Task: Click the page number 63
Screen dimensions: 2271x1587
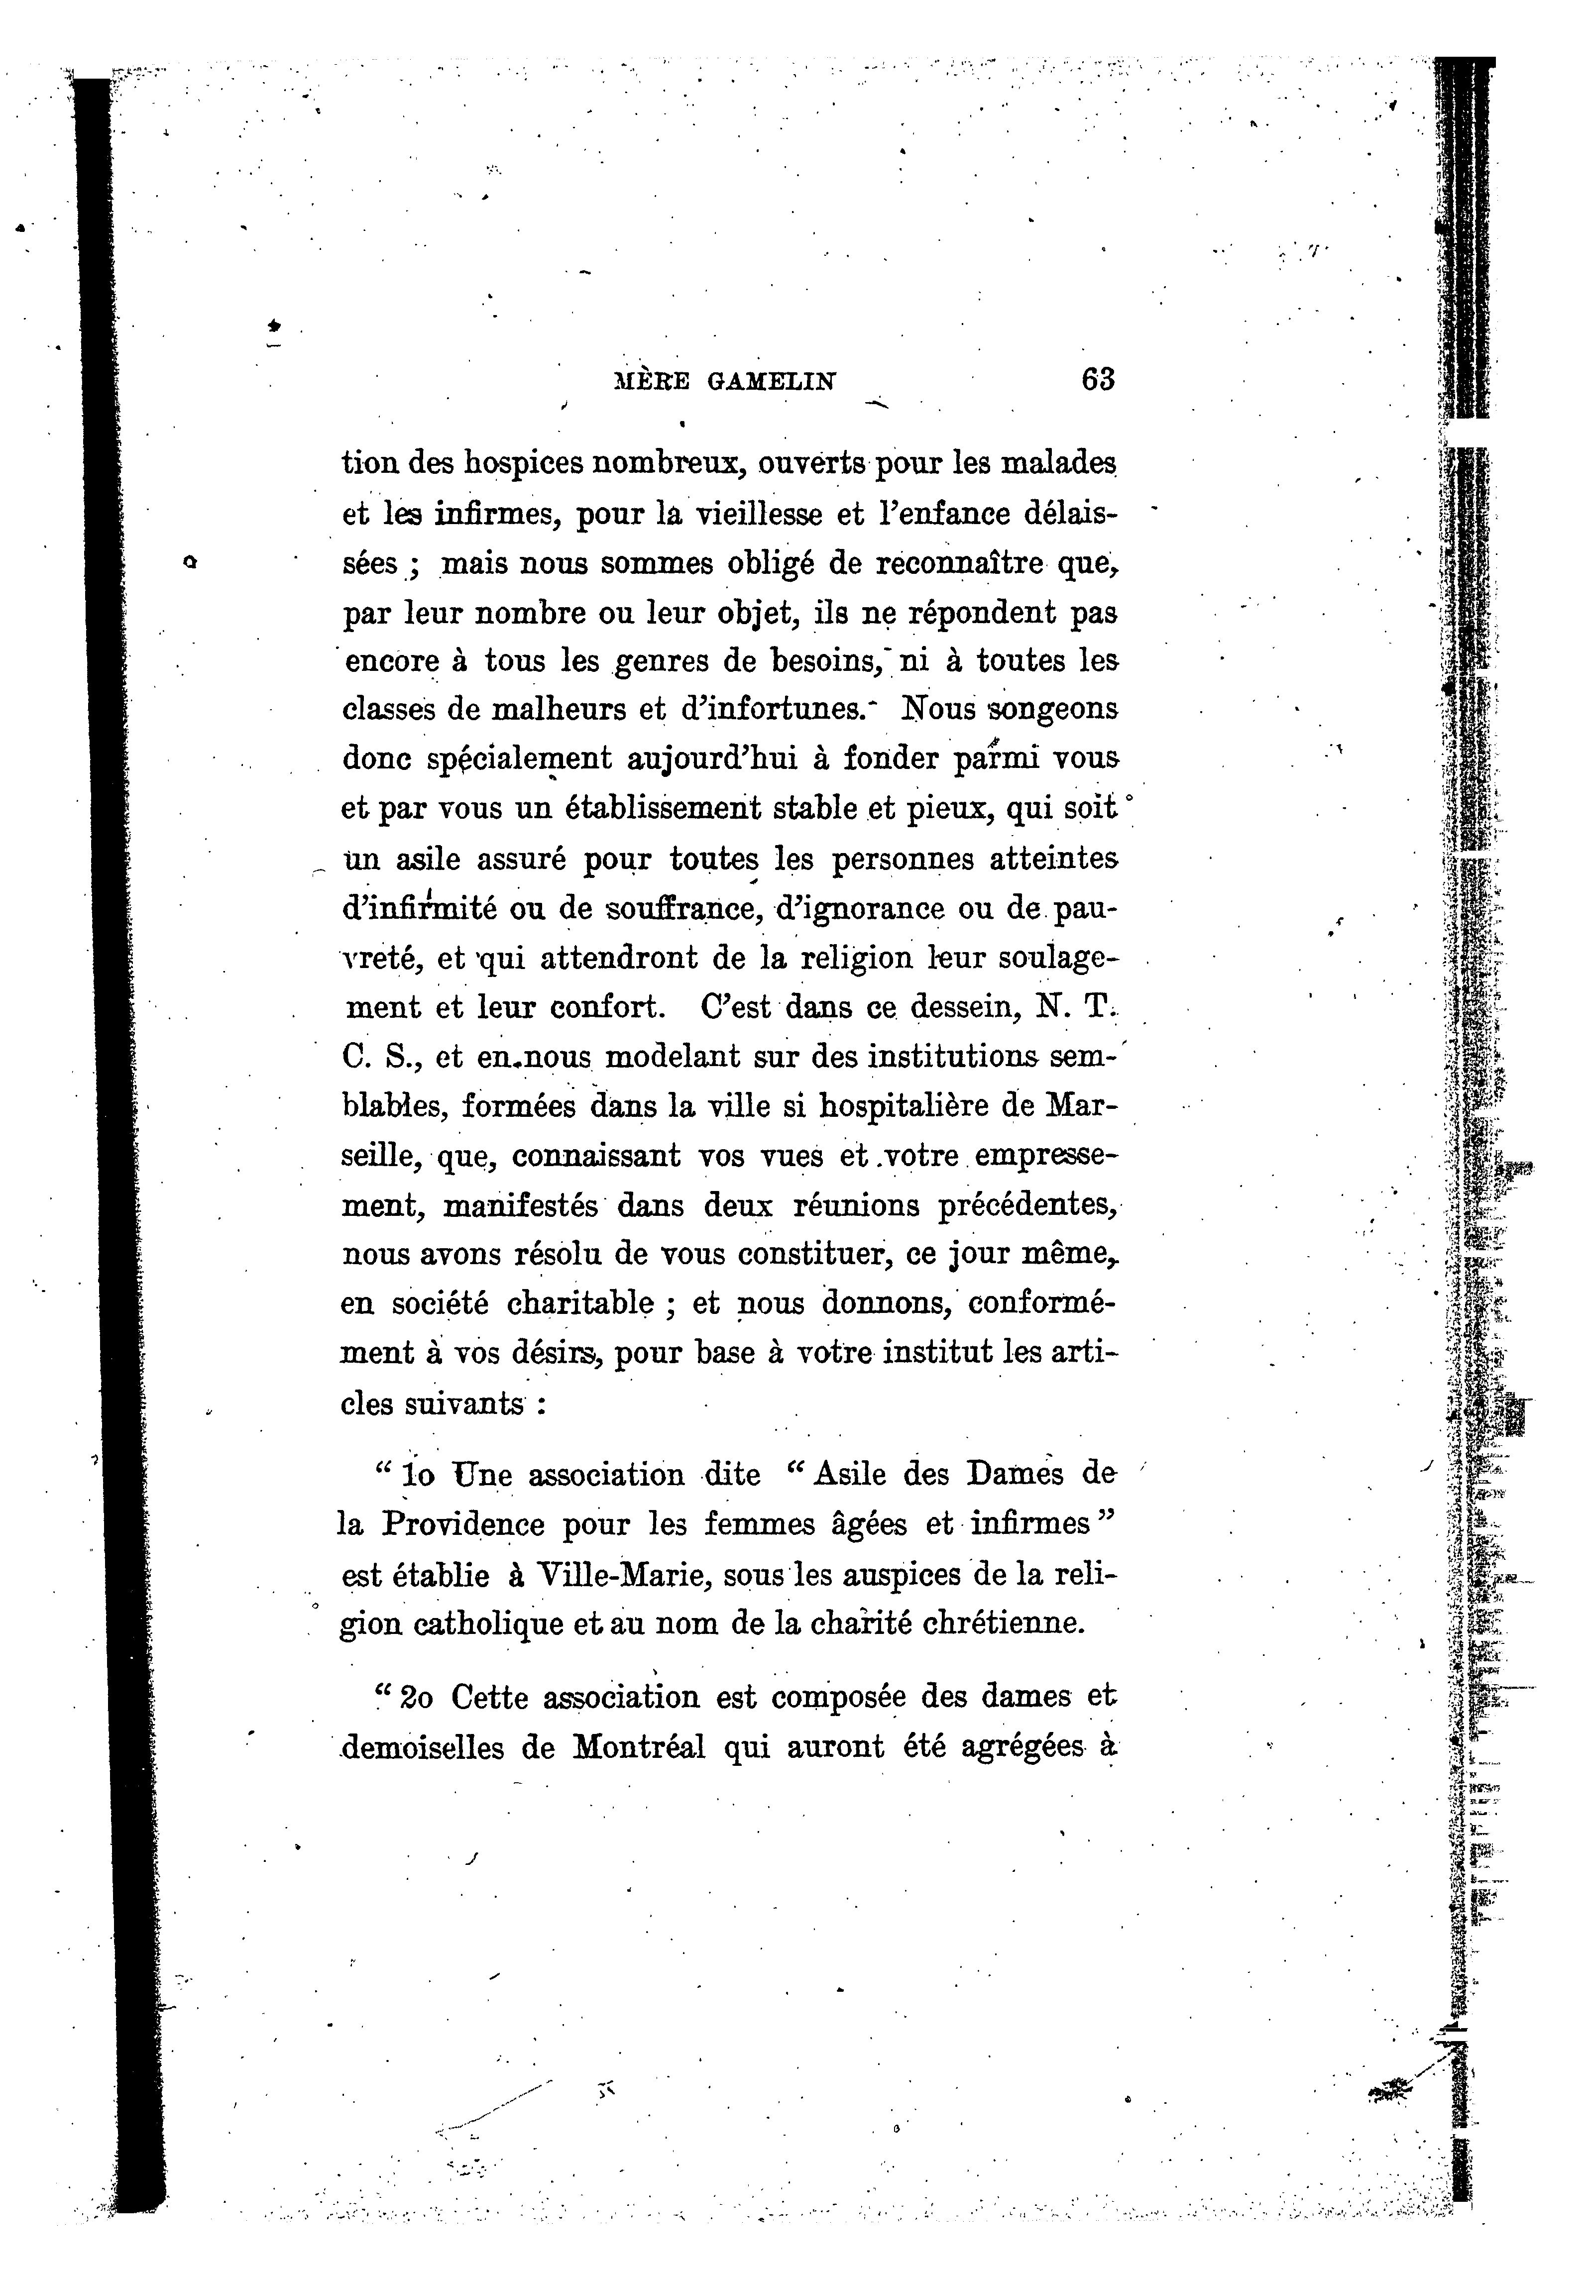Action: pyautogui.click(x=1098, y=380)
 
